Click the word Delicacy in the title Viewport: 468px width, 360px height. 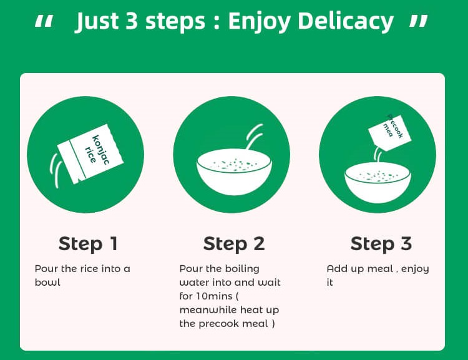[x=346, y=21]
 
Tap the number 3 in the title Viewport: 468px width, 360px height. [x=131, y=21]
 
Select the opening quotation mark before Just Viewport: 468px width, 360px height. [x=44, y=22]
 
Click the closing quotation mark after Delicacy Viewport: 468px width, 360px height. [x=419, y=21]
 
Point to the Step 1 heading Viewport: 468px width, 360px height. [x=88, y=244]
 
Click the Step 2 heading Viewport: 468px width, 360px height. [x=234, y=244]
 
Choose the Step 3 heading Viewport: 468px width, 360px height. [x=381, y=244]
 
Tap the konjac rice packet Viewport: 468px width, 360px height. [x=90, y=154]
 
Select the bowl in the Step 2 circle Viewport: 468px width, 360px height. [x=234, y=172]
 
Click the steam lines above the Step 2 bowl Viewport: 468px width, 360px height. [x=255, y=137]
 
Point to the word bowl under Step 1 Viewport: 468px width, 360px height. [x=47, y=283]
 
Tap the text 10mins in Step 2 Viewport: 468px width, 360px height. [x=214, y=296]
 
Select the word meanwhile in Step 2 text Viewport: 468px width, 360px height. [x=208, y=310]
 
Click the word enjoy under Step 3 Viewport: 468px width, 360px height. [x=415, y=270]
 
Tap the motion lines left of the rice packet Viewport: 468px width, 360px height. [x=56, y=170]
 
